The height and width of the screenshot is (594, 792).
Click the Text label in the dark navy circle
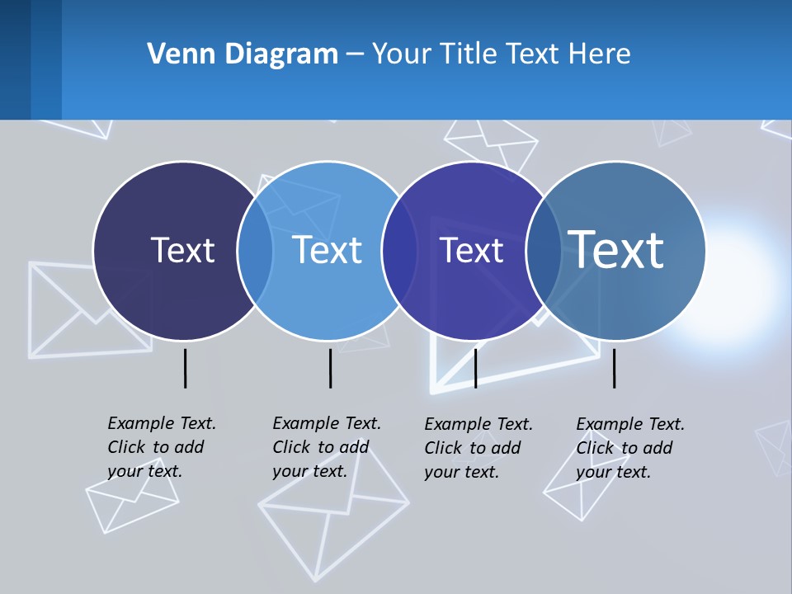coord(182,250)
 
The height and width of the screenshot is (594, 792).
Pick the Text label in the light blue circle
coord(328,250)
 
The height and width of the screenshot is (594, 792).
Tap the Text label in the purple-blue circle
coord(471,251)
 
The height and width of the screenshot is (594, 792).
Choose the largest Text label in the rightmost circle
coord(616,249)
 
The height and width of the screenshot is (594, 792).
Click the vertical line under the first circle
coord(185,368)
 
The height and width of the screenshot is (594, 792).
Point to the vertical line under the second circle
coord(330,368)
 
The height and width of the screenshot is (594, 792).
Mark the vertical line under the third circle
coord(475,368)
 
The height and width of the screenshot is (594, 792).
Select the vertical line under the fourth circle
coord(614,368)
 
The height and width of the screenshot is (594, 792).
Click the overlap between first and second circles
coord(256,251)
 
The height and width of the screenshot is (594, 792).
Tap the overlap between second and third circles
coord(399,251)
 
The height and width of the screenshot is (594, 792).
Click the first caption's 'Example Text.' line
coord(162,423)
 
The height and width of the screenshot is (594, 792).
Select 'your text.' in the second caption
coord(309,472)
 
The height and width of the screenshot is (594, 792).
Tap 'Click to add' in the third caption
coord(473,448)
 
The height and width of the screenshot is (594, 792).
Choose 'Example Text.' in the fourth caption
coord(630,424)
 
